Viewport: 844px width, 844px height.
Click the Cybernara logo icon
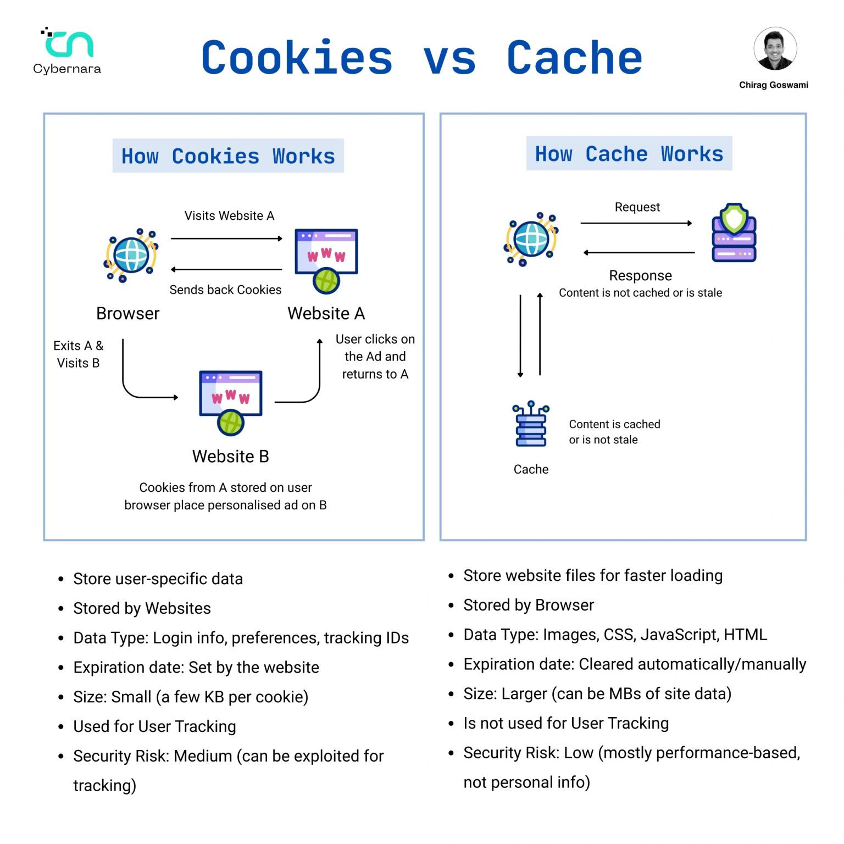click(x=68, y=42)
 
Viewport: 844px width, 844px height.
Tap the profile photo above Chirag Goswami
click(x=775, y=49)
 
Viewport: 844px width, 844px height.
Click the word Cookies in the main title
click(x=297, y=58)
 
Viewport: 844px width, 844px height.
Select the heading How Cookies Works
click(x=228, y=156)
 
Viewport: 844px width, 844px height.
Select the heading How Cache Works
click(x=629, y=153)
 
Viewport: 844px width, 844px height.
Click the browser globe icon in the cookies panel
click(x=131, y=255)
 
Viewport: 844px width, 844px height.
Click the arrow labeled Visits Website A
click(x=226, y=238)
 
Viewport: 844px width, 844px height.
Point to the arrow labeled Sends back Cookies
click(x=226, y=269)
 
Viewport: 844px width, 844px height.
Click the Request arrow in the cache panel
click(x=636, y=223)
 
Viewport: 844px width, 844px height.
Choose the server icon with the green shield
click(x=734, y=232)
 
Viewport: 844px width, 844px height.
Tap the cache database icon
click(x=531, y=424)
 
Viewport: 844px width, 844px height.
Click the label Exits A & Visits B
click(x=79, y=354)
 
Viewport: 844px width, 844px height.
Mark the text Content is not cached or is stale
click(x=641, y=293)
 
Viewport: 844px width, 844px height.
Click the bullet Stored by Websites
click(x=142, y=608)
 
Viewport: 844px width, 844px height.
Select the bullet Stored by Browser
click(x=529, y=605)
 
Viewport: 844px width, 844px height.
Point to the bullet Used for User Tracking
click(x=155, y=726)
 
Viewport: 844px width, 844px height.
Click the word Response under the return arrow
click(x=641, y=275)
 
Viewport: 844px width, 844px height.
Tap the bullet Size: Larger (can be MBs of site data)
click(x=598, y=693)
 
